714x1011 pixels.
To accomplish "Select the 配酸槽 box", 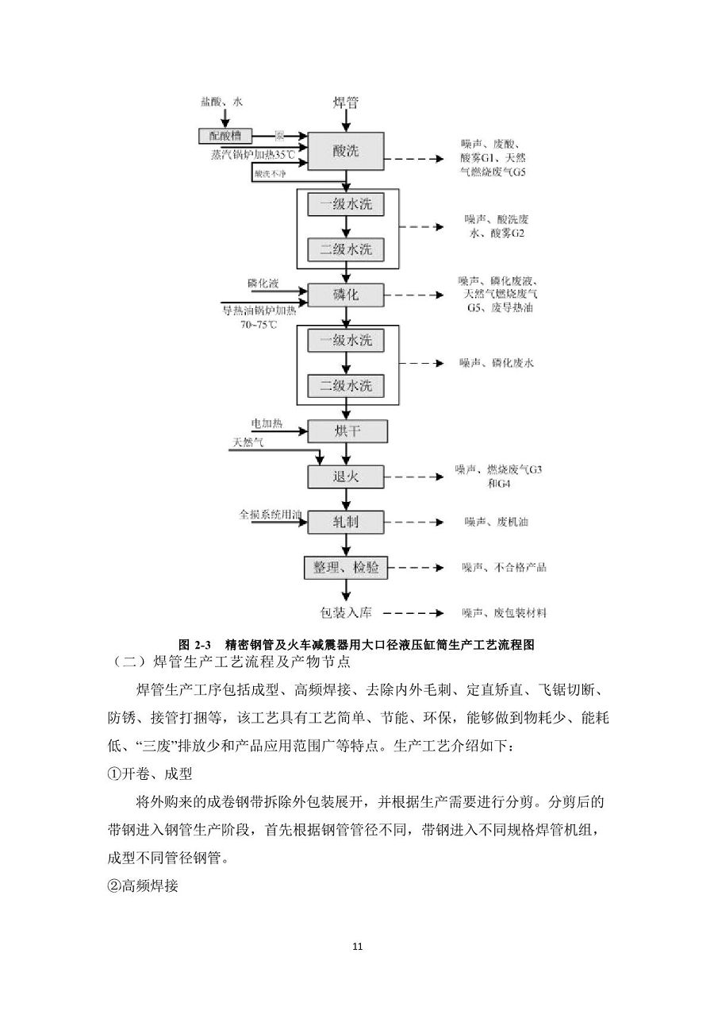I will (x=224, y=136).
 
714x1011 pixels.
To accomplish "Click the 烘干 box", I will (x=347, y=431).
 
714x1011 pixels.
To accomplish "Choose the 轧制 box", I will (x=346, y=522).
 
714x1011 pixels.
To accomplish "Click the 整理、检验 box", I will (x=346, y=567).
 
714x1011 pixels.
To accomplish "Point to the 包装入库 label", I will (x=346, y=612).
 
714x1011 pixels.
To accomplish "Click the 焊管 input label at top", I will (x=346, y=103).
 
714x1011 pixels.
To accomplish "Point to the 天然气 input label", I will (x=248, y=442).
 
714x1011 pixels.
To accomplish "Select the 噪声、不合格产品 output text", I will (x=505, y=567).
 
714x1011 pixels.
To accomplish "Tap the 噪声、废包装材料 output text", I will (x=505, y=612).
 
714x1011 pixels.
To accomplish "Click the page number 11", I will (x=357, y=946).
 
